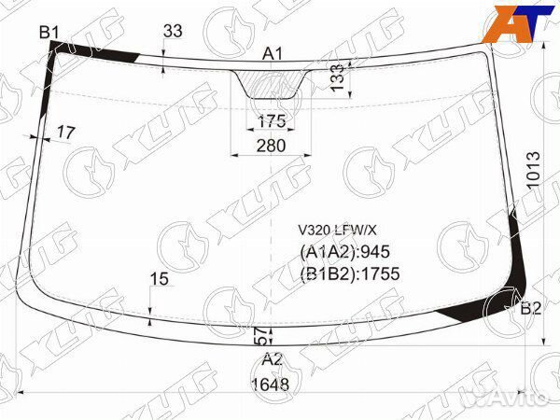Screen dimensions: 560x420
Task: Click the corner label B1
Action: tap(49, 33)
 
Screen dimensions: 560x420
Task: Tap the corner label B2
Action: tap(531, 309)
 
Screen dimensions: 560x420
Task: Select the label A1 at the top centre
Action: tap(273, 54)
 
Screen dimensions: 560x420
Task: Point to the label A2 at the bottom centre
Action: tap(273, 360)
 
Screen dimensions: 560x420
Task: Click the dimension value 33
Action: tap(173, 31)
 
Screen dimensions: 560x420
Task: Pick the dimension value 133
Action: tap(337, 77)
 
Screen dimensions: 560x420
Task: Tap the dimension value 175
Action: tap(272, 121)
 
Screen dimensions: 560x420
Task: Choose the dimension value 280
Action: tap(272, 146)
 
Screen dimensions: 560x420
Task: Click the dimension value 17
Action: tap(66, 133)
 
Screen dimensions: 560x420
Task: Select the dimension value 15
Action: tap(159, 278)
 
